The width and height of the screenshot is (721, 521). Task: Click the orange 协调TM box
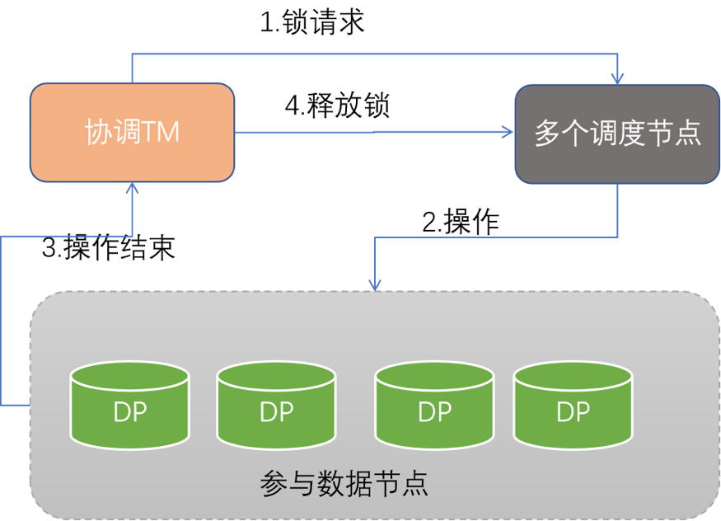[132, 132]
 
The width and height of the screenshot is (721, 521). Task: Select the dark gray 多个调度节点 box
[617, 133]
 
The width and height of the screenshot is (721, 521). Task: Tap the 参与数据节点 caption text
[344, 484]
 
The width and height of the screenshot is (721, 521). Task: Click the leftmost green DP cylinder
[129, 405]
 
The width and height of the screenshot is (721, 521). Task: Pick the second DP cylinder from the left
[276, 405]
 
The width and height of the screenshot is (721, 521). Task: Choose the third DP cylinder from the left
[434, 405]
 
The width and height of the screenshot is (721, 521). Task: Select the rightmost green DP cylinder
[574, 405]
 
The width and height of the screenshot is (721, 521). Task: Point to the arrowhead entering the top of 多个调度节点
[617, 77]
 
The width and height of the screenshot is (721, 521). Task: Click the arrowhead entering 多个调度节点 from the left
[506, 132]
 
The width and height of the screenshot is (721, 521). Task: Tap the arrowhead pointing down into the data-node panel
[375, 284]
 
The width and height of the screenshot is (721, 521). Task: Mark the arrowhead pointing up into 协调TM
[132, 188]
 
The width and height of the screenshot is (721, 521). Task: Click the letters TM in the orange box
[162, 133]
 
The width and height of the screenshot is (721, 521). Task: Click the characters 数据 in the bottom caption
[344, 484]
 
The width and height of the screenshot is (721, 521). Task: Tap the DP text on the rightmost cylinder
[574, 411]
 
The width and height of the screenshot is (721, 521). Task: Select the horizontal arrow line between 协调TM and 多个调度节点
[371, 132]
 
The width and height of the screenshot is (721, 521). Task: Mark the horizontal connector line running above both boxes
[371, 55]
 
